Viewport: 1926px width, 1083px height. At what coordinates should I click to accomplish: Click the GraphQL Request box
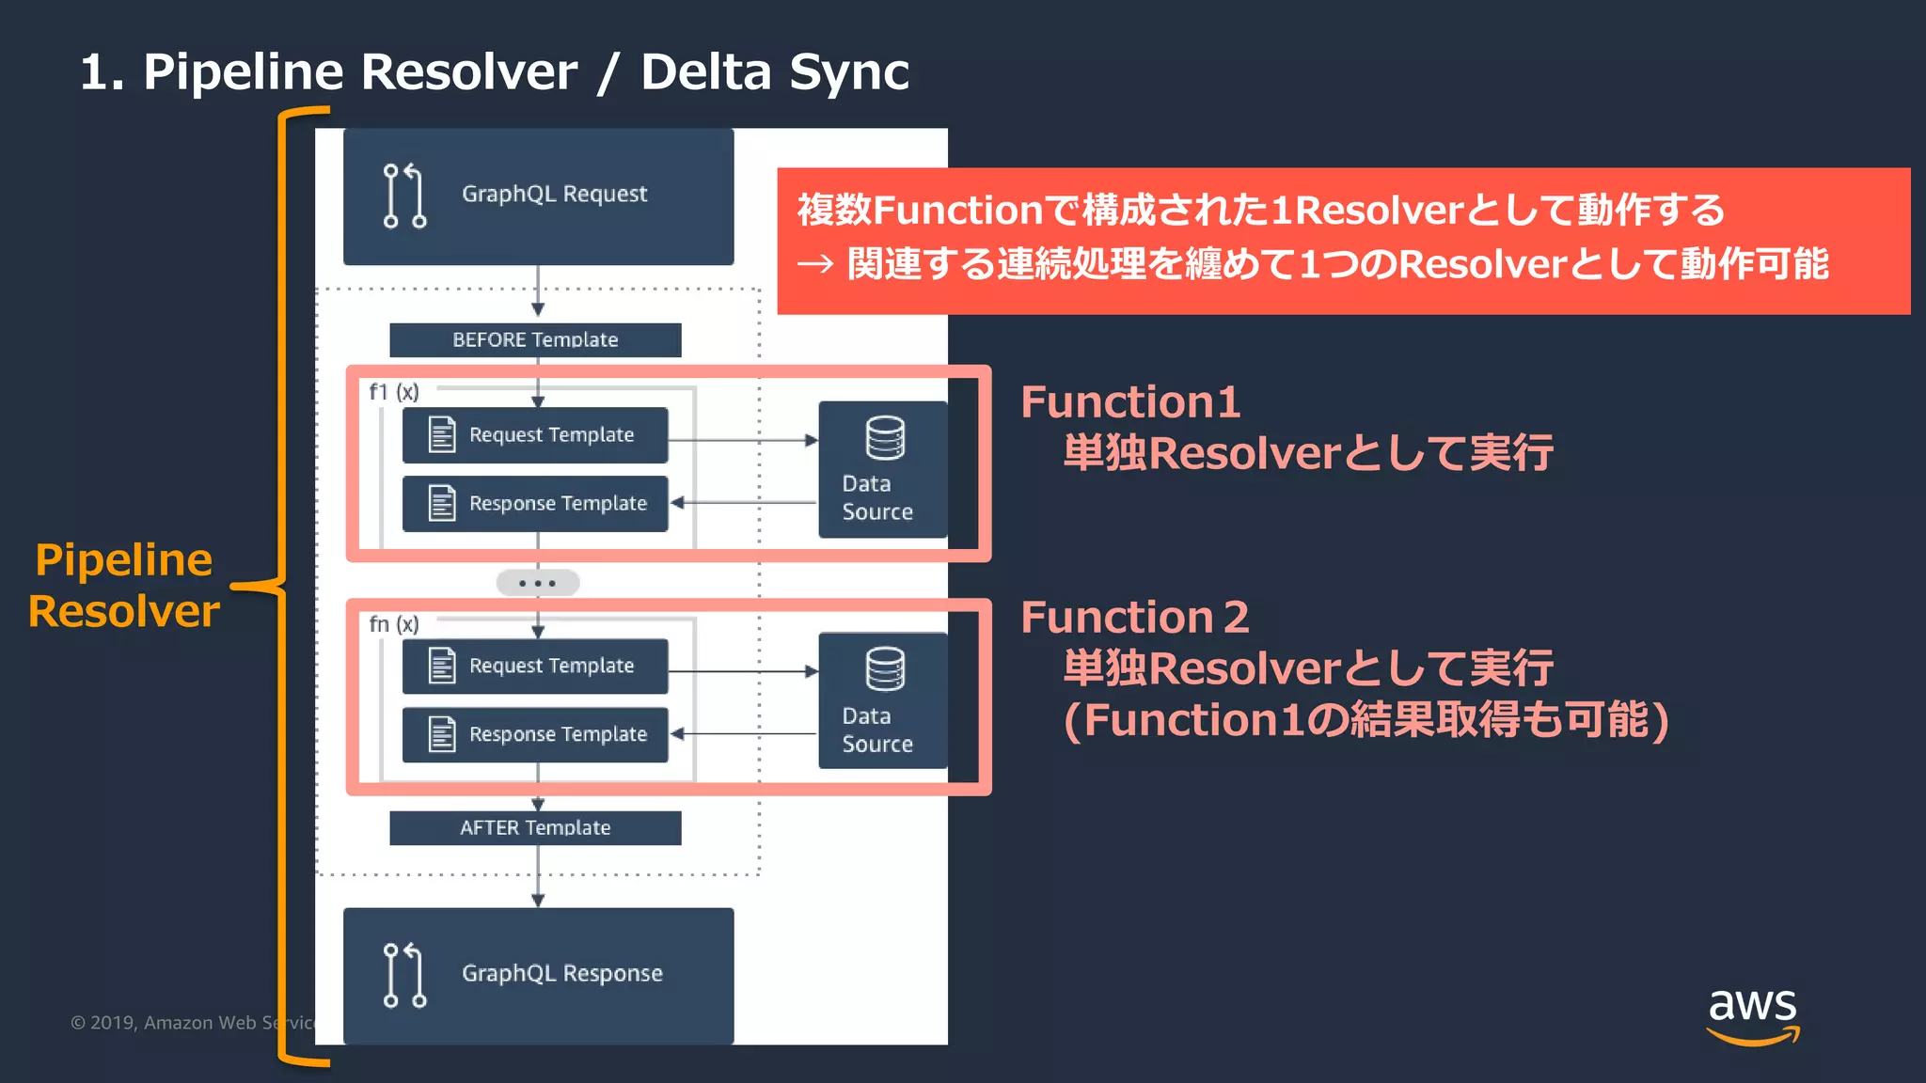[538, 196]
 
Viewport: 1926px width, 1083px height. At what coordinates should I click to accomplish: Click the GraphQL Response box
[538, 975]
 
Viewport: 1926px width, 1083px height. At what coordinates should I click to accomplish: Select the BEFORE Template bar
[535, 339]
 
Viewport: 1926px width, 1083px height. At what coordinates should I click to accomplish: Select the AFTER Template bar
[535, 827]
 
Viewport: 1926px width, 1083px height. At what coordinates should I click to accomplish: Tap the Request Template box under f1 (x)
[535, 434]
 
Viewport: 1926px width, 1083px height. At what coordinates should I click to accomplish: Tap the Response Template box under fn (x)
[535, 734]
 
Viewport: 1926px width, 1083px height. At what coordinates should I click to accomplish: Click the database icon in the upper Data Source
[885, 438]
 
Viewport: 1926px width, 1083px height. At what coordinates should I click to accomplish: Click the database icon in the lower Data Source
[885, 669]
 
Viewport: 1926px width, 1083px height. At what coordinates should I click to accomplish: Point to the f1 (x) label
[393, 392]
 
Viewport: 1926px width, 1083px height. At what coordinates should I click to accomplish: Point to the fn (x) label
[393, 624]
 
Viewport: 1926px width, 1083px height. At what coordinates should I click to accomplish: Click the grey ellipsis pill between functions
[538, 583]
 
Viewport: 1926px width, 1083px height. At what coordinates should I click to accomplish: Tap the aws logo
[1752, 1014]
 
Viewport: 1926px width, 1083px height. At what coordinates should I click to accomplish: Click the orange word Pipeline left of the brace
[123, 560]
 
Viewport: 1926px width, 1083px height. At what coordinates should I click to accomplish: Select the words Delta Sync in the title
[774, 72]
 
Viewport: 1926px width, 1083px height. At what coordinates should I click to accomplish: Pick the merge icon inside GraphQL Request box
[404, 196]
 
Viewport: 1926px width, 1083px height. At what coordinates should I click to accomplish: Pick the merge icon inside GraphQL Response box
[404, 975]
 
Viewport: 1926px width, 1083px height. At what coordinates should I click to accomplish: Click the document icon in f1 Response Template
[441, 503]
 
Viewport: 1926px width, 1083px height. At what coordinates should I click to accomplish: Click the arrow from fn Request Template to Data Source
[743, 671]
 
